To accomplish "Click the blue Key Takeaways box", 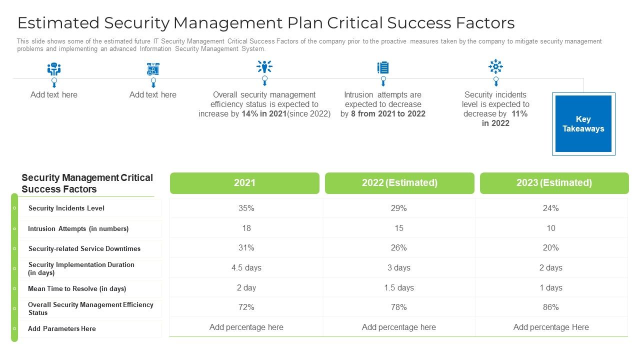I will click(x=583, y=124).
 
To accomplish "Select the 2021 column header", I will click(x=244, y=183).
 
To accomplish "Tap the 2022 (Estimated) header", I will click(x=399, y=183).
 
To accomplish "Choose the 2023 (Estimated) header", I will click(x=554, y=183).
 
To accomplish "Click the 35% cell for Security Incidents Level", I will click(x=246, y=208).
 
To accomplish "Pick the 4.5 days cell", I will click(x=246, y=267).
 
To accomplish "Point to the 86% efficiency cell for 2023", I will click(x=550, y=307).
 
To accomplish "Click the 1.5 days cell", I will click(x=399, y=287).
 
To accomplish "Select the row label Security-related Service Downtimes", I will click(x=84, y=248).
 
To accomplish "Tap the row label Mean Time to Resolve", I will click(x=77, y=288).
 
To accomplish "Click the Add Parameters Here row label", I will click(x=62, y=328).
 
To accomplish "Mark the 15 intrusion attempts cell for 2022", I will click(x=399, y=228).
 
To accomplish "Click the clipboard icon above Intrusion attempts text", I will click(x=383, y=67).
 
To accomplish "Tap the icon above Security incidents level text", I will click(x=495, y=66).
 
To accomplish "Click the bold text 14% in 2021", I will click(x=264, y=114).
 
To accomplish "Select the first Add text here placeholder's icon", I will click(x=54, y=69).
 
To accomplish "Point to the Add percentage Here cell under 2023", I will click(x=551, y=327).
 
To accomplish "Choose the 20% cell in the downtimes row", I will click(x=550, y=247).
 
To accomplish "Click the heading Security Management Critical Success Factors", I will click(x=87, y=183).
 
